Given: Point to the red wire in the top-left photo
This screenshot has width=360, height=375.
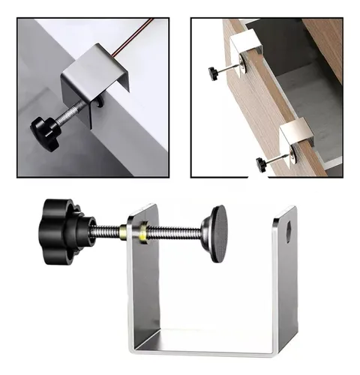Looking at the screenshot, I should point(131,34).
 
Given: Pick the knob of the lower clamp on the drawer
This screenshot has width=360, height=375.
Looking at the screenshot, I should point(261,163).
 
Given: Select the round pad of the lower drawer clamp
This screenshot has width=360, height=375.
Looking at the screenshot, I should point(289,154).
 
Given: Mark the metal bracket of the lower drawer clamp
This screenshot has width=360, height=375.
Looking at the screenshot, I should point(296,136).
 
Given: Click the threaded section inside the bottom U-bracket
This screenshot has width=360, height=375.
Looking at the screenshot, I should point(172,232).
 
